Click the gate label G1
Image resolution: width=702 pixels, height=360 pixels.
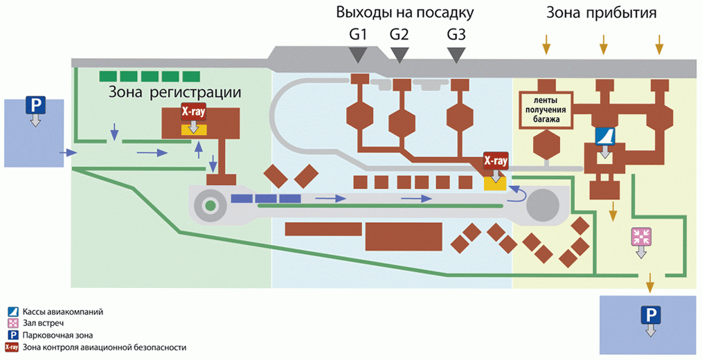click(x=358, y=34)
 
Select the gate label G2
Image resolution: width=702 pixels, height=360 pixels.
click(x=399, y=34)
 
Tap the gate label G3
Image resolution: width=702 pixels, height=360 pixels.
click(x=456, y=34)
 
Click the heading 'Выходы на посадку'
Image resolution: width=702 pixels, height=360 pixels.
click(x=405, y=12)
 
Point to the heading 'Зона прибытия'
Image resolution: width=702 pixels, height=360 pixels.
click(x=601, y=12)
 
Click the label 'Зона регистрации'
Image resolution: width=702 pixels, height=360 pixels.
click(x=174, y=93)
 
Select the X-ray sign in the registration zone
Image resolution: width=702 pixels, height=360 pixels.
click(x=192, y=111)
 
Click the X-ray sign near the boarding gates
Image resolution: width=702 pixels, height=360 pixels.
click(x=496, y=161)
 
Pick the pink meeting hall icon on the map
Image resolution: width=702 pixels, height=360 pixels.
click(x=640, y=236)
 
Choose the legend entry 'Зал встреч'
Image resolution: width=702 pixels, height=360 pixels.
click(x=47, y=323)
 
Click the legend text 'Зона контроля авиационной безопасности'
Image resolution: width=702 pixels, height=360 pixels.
click(x=104, y=348)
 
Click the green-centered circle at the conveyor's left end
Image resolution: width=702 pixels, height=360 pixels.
click(x=209, y=205)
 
